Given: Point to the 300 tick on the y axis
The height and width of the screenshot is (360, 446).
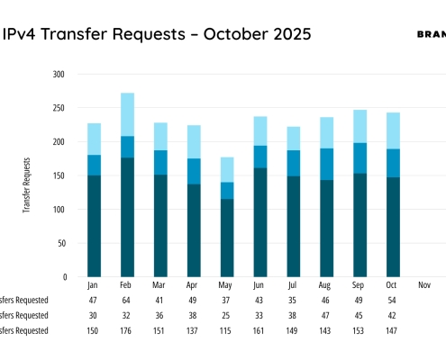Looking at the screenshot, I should tap(59, 75).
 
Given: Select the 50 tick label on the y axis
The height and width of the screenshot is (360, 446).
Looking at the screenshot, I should tap(62, 243).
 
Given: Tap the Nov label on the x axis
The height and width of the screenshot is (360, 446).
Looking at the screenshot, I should tap(425, 285).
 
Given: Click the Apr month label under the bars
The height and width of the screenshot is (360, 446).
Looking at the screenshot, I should tap(194, 285).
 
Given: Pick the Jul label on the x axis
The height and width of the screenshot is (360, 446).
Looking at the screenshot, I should tap(293, 285).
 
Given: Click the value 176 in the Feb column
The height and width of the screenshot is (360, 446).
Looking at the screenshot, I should tap(128, 331).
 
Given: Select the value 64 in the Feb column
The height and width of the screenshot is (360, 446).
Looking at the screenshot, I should tap(128, 300).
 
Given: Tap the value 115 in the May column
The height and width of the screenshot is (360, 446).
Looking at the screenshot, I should tap(227, 331).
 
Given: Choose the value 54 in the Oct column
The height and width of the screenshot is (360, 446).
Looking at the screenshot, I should tap(393, 300).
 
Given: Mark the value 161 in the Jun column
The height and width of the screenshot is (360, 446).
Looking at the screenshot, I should tap(260, 331).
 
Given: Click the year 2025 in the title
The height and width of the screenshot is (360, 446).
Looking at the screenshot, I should tap(289, 34).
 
